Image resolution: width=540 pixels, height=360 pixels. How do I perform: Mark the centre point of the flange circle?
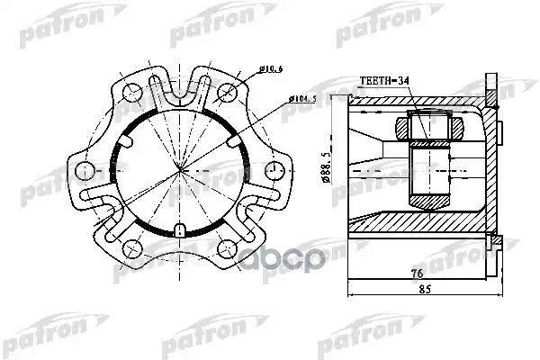coord(180,171)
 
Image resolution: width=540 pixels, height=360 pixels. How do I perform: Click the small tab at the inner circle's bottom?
coord(180,229)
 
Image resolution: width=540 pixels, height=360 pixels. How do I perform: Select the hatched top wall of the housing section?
coord(414,102)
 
